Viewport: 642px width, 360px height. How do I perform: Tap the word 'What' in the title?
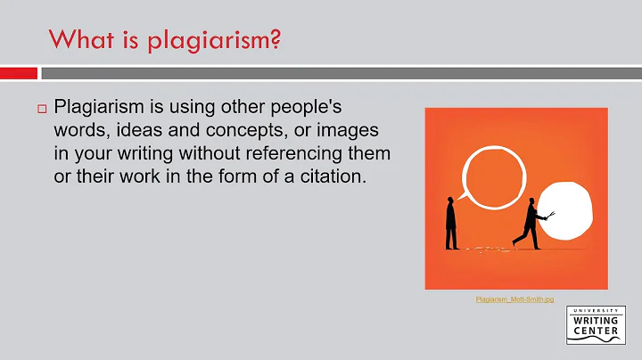(78, 40)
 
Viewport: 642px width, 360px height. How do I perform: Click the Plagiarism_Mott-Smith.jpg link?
(508, 299)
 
